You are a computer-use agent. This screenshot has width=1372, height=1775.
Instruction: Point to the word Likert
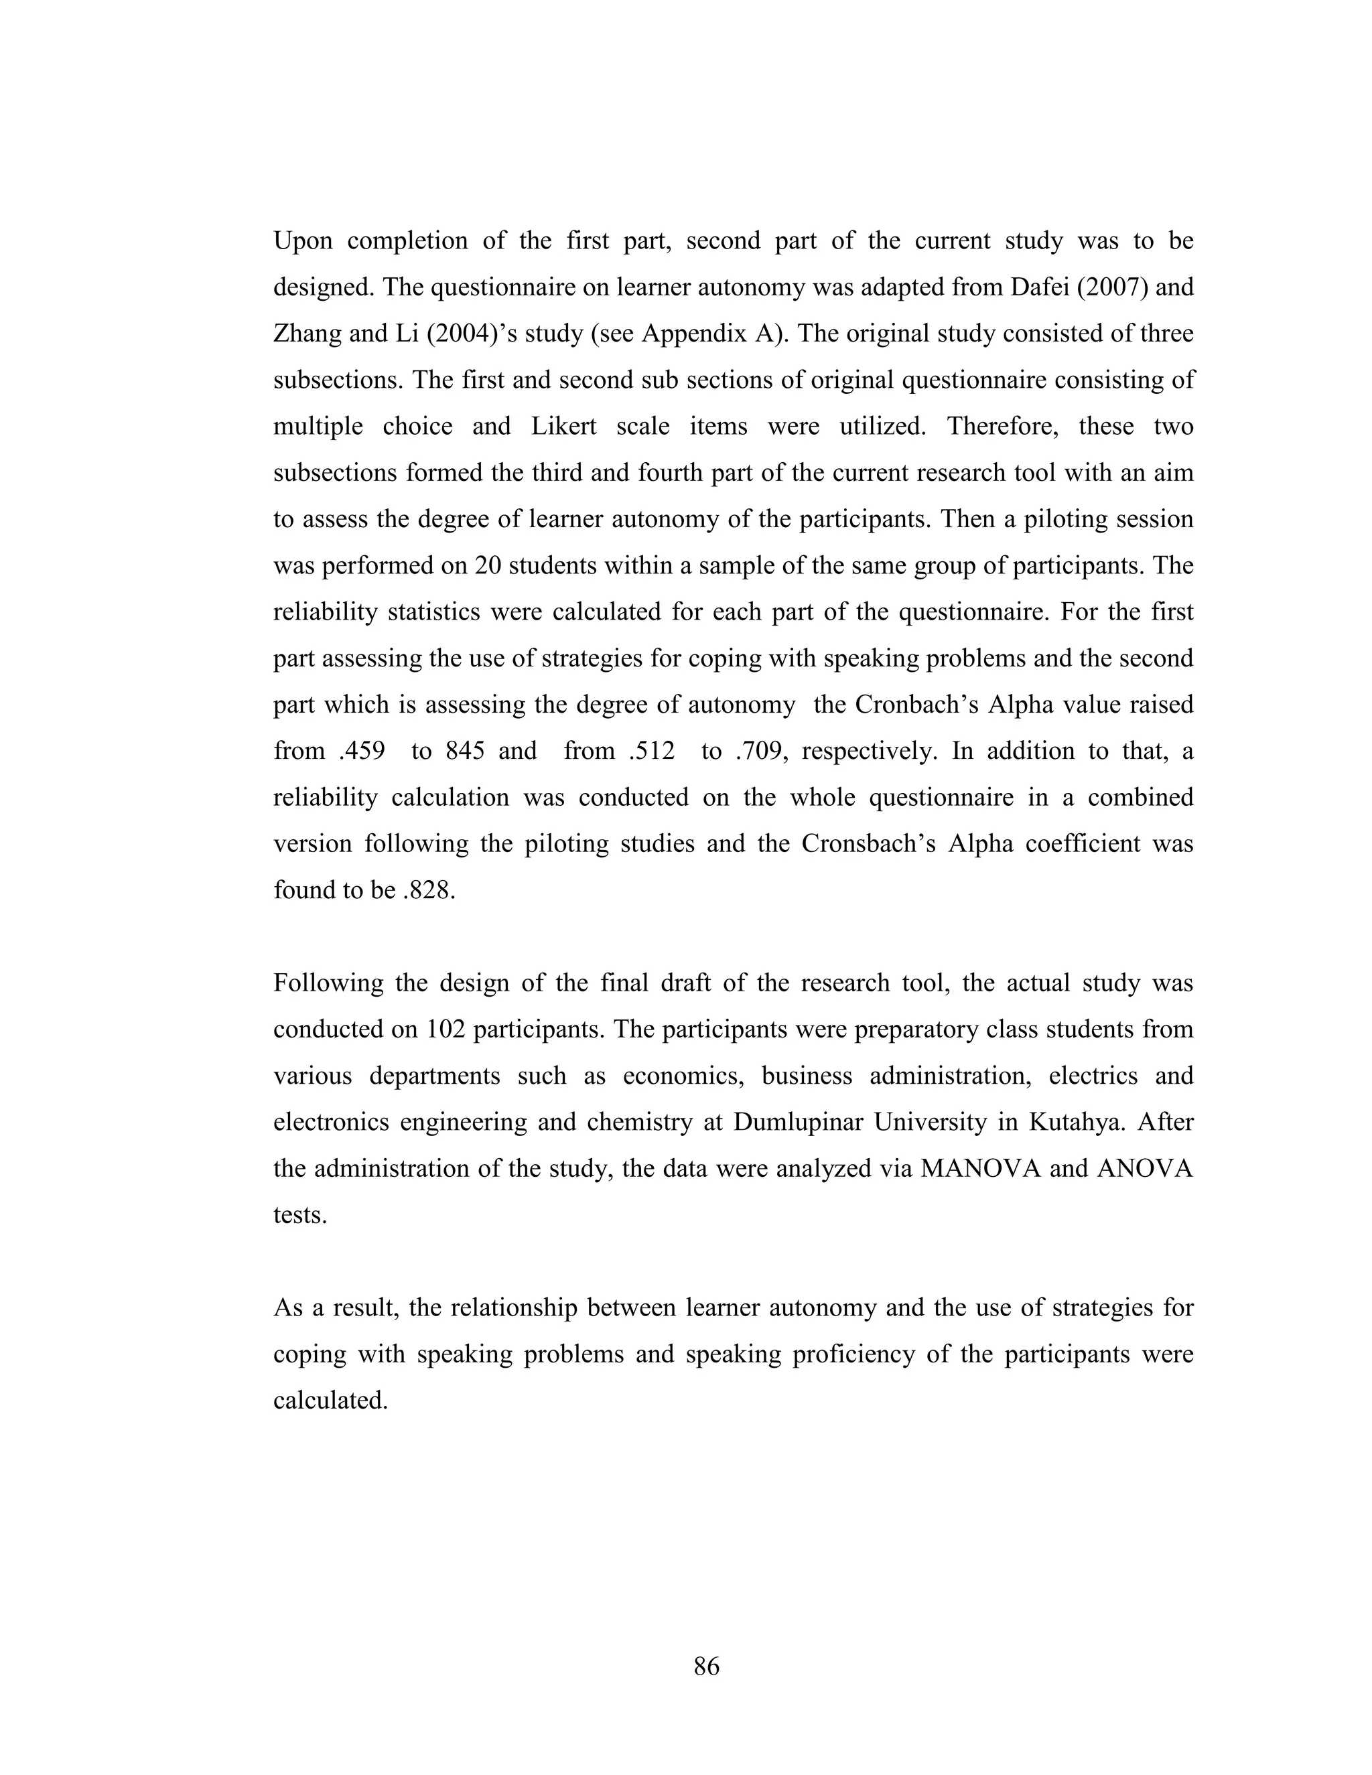563,427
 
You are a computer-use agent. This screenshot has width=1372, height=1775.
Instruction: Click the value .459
362,751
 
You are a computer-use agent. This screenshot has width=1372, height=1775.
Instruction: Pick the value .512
652,751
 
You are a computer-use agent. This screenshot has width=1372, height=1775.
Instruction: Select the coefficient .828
428,890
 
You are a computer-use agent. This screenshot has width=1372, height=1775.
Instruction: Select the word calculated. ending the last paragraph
330,1401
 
